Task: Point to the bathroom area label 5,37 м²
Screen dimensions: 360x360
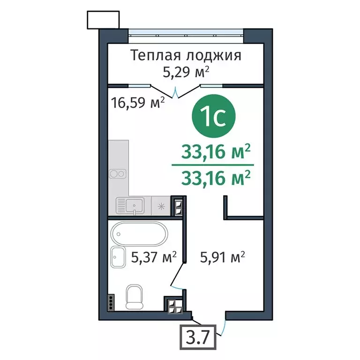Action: [154, 256]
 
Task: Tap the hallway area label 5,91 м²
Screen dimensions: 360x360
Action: [223, 256]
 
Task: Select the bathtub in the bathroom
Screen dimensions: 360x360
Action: [139, 234]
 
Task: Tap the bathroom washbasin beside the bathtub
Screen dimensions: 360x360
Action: [119, 257]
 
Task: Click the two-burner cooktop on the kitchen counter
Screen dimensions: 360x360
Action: [118, 173]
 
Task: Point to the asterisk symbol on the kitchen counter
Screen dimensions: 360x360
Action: [161, 205]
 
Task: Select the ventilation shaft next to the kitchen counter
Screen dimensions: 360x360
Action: [178, 206]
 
